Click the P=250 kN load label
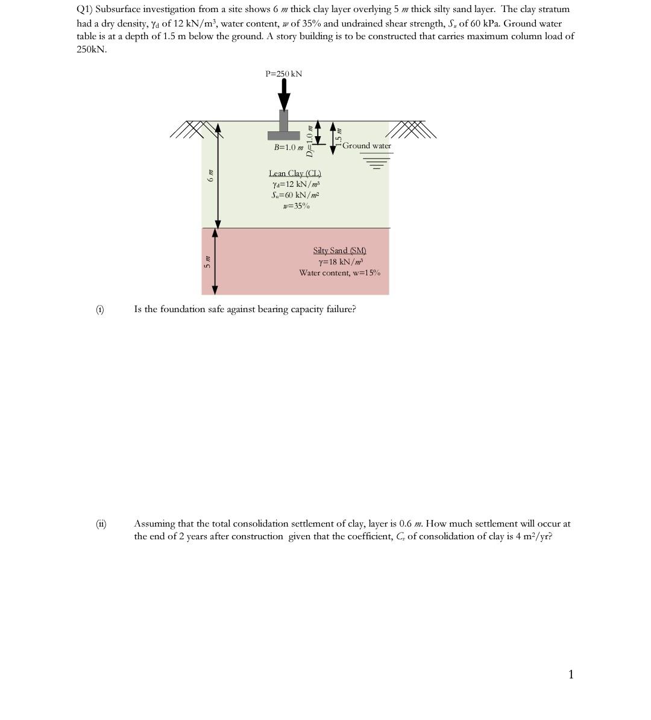point(283,74)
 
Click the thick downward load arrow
point(284,95)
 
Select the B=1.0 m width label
point(288,147)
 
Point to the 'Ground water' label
point(366,146)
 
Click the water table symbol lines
point(377,160)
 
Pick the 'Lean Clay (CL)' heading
point(295,174)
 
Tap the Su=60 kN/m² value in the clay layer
point(295,195)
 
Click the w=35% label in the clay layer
point(296,206)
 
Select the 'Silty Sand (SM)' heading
point(339,250)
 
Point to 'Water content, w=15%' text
point(339,273)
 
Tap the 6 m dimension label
point(210,175)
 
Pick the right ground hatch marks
point(410,129)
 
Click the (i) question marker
point(99,309)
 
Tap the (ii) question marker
point(101,524)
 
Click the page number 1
point(571,674)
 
